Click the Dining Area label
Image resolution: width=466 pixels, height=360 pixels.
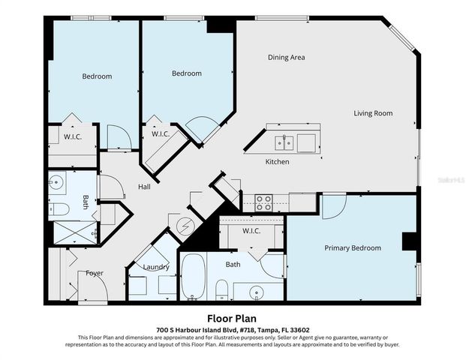coord(286,57)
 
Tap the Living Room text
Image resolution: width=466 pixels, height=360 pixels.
coord(373,113)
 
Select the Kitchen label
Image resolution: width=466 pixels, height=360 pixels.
coord(277,161)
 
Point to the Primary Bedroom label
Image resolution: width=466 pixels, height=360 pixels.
coord(352,247)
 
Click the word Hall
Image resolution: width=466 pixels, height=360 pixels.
coord(145,187)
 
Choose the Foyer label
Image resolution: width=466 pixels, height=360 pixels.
coord(95,273)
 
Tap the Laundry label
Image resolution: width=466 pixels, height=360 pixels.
coord(156,266)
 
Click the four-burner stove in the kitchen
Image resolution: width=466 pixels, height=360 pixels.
coord(263,202)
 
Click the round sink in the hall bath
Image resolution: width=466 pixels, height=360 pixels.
coord(56,181)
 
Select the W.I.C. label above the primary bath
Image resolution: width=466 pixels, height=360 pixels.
coord(250,230)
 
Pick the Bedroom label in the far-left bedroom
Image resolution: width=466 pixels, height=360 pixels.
coord(97,76)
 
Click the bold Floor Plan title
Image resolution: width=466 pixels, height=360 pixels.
coord(233,316)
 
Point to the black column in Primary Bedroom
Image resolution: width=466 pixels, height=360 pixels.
coord(409,241)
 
